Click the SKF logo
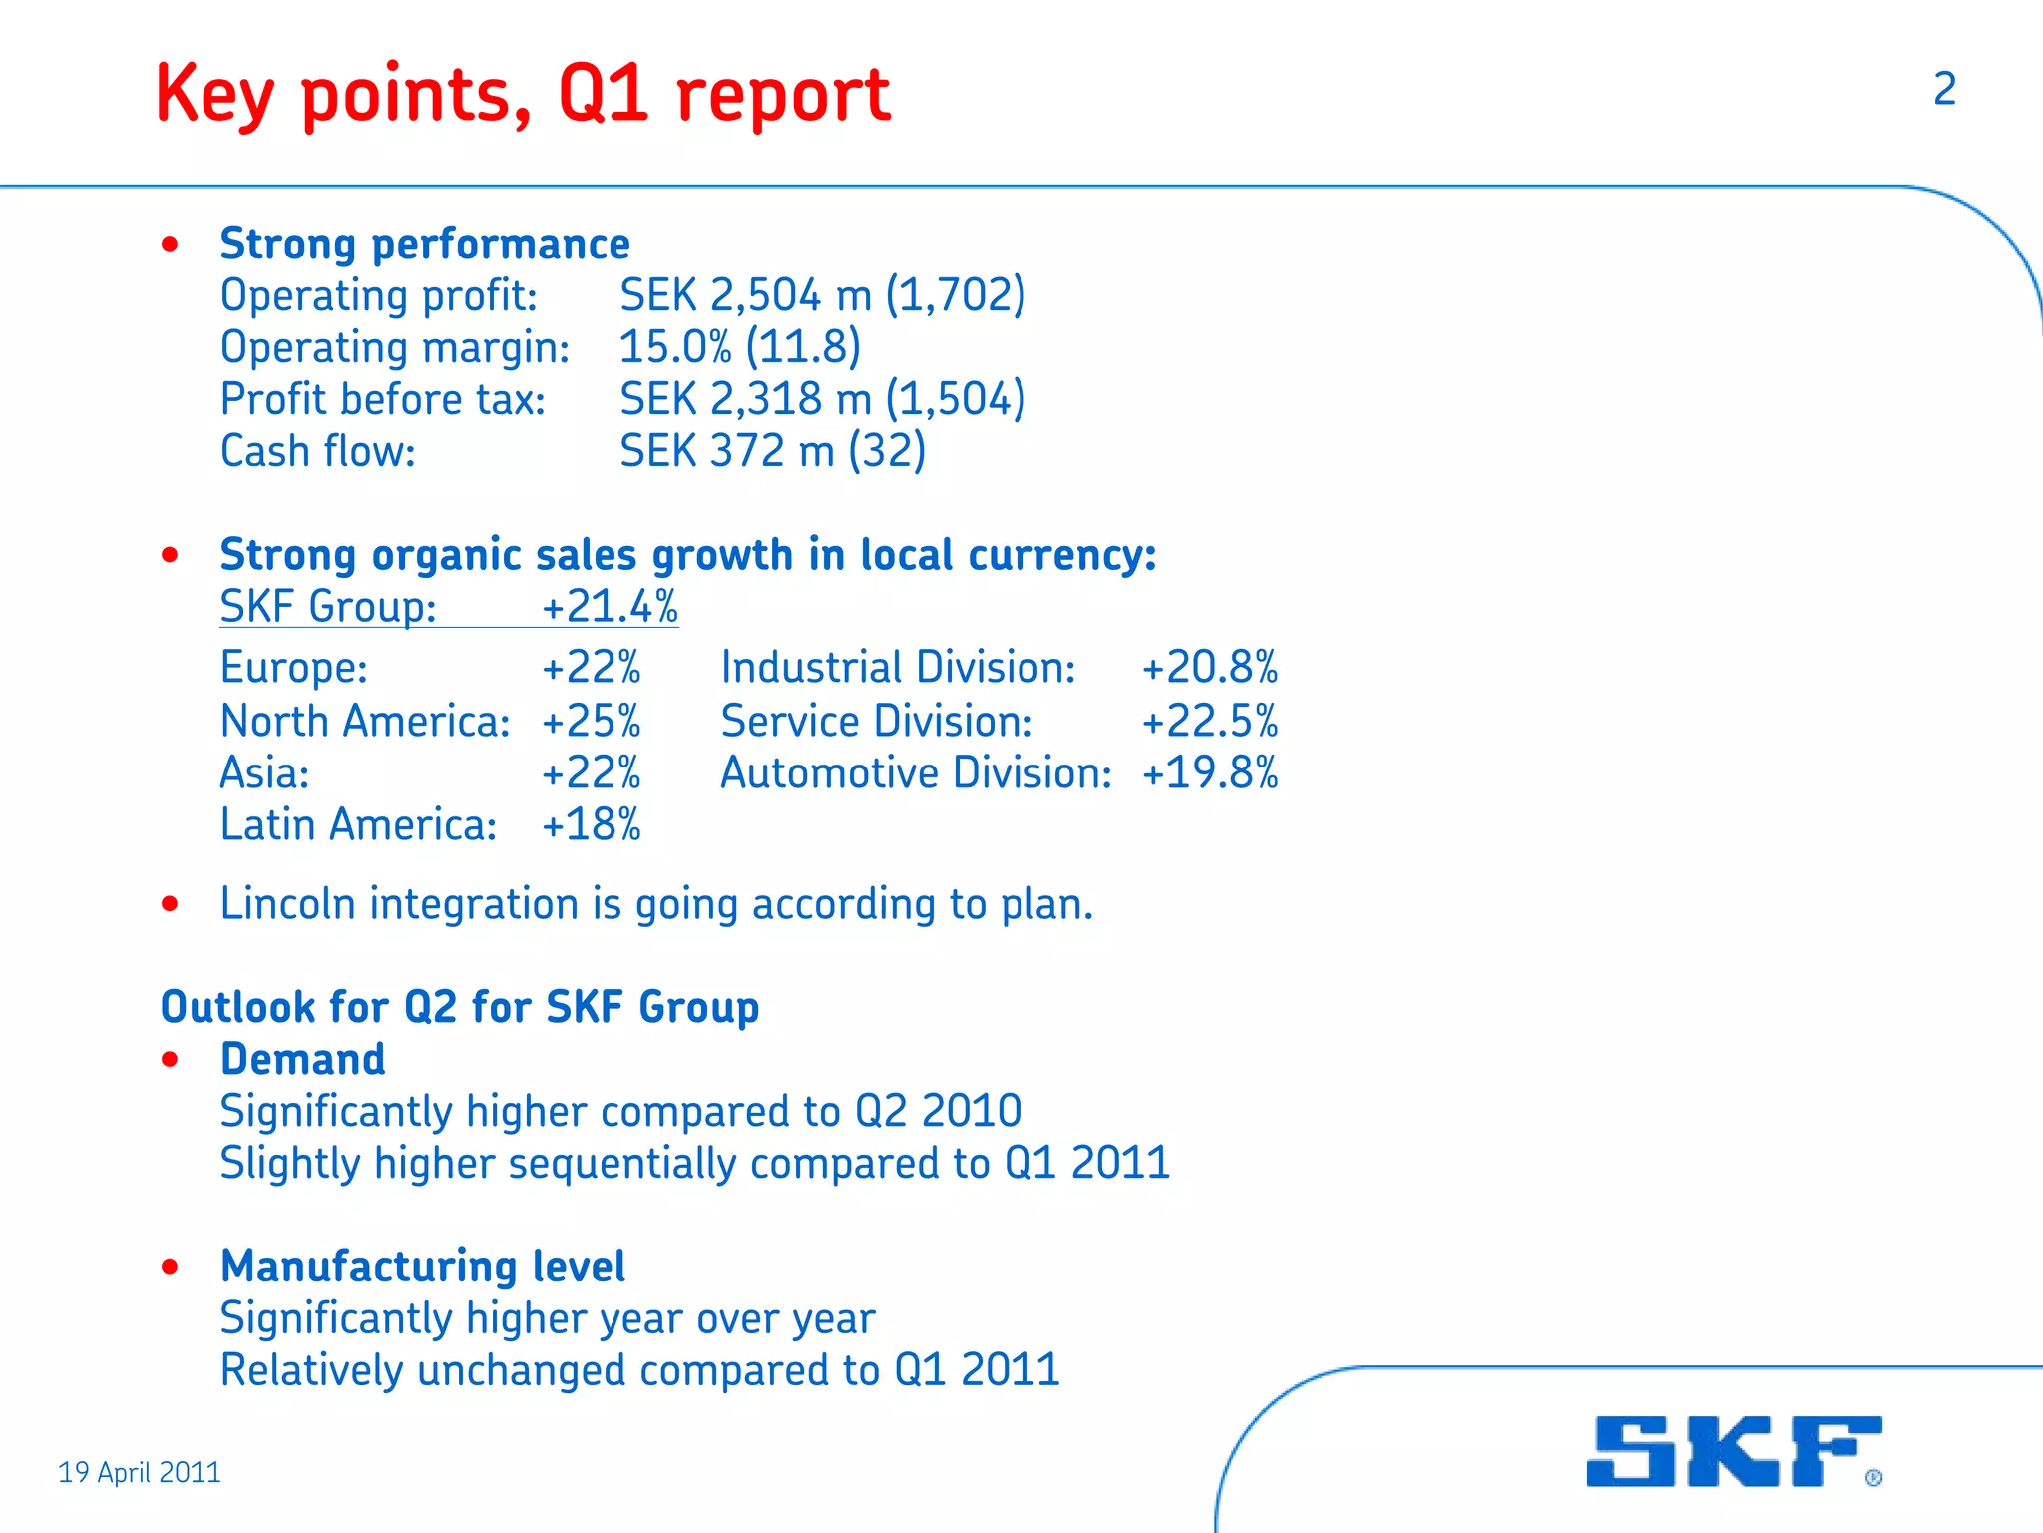click(1734, 1451)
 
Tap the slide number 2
click(1944, 90)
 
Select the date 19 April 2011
click(140, 1472)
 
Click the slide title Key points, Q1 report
click(523, 95)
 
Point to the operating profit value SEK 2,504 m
click(745, 295)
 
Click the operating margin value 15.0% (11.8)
click(739, 347)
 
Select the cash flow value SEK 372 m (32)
click(772, 451)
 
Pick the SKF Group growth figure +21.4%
click(610, 607)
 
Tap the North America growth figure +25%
click(591, 721)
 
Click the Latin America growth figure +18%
click(591, 825)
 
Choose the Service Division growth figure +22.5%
click(1209, 721)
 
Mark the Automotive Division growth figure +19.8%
click(1209, 773)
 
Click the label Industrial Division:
click(898, 668)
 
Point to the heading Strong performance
click(425, 244)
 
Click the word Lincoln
click(287, 904)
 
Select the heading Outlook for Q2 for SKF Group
click(460, 1007)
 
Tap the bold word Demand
click(302, 1059)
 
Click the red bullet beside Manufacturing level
click(170, 1267)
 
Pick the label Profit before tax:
click(383, 399)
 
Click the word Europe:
click(294, 668)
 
